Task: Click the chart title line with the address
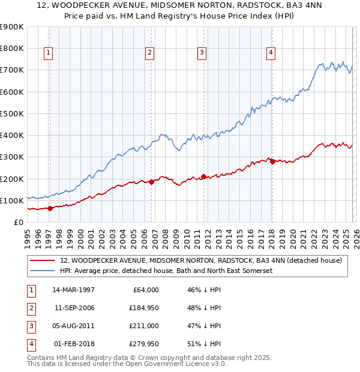(179, 6)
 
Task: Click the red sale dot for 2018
(272, 161)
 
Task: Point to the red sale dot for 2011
(203, 176)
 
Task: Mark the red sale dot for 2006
(151, 182)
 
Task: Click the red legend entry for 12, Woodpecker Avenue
(200, 260)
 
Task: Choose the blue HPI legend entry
(165, 271)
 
